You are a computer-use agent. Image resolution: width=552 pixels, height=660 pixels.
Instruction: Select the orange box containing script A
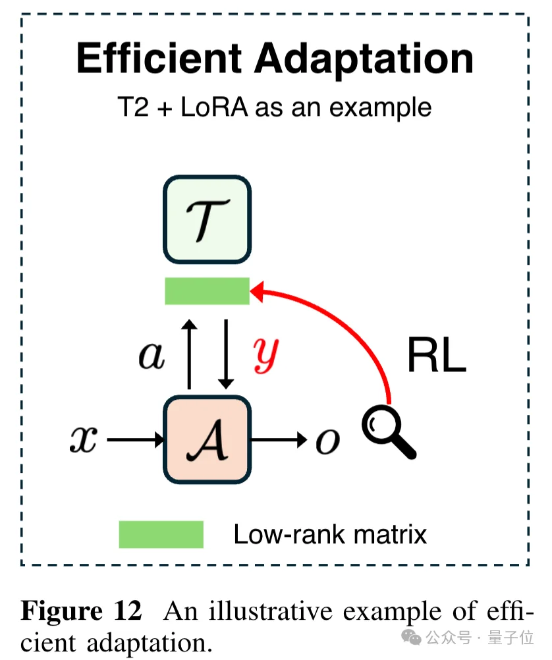tap(206, 439)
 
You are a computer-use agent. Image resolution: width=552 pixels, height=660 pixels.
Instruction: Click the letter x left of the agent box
tap(84, 440)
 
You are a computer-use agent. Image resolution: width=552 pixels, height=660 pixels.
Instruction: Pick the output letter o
tap(327, 441)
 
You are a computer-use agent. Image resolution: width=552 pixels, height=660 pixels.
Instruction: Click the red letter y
tap(267, 356)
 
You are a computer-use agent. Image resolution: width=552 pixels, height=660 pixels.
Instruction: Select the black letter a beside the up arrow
tap(152, 356)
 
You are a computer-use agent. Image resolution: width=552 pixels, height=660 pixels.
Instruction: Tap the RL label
tap(437, 356)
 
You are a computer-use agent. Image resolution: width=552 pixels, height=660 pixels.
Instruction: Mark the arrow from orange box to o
tap(279, 439)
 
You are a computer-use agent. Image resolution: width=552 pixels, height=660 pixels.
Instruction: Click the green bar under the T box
tap(207, 291)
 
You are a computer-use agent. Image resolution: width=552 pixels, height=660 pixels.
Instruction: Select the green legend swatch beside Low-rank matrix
tap(161, 534)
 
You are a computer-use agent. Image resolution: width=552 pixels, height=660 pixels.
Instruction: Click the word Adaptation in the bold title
tap(364, 59)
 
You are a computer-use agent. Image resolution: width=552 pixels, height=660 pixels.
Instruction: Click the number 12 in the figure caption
tap(128, 612)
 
